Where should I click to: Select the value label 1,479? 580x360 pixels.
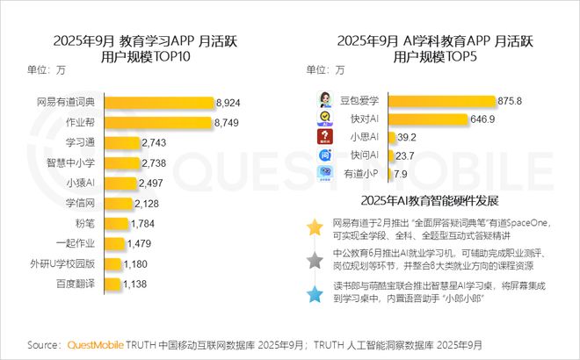pos(141,243)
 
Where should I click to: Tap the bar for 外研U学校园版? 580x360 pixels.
pos(111,263)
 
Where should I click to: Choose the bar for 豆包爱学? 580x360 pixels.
pos(439,101)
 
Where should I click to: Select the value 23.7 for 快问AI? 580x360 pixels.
pos(405,155)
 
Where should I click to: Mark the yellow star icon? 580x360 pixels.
pos(314,227)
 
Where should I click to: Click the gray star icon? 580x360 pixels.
pos(314,261)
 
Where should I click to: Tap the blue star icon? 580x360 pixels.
pos(314,293)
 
